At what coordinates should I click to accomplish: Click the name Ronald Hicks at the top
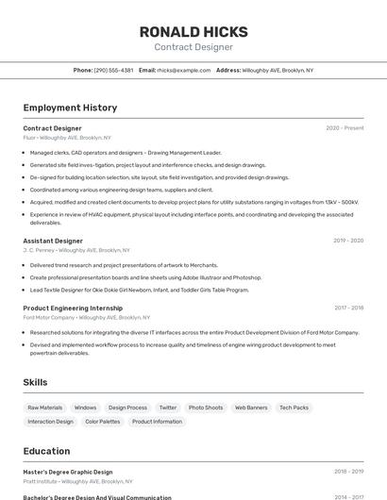point(193,31)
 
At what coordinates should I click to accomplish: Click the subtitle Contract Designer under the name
point(193,47)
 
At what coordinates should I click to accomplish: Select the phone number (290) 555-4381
point(114,71)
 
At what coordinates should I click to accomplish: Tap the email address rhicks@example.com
point(183,71)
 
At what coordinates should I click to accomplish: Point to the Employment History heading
point(70,108)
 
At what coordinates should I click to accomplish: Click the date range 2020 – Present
point(345,128)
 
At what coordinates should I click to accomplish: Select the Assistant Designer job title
point(53,241)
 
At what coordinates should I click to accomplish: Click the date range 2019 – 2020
point(348,241)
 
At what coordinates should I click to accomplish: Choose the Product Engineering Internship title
point(73,308)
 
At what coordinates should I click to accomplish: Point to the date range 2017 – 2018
point(348,308)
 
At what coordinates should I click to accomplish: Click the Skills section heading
point(35,382)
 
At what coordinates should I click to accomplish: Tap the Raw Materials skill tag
point(45,408)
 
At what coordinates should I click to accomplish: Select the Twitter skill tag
point(167,408)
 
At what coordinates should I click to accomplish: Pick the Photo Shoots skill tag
point(206,408)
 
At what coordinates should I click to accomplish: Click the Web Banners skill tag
point(251,408)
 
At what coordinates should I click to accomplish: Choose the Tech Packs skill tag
point(294,408)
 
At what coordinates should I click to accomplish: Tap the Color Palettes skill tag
point(103,422)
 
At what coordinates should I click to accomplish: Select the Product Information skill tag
point(157,422)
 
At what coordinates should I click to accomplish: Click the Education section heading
point(47,451)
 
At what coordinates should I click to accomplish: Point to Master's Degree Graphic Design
point(68,472)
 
